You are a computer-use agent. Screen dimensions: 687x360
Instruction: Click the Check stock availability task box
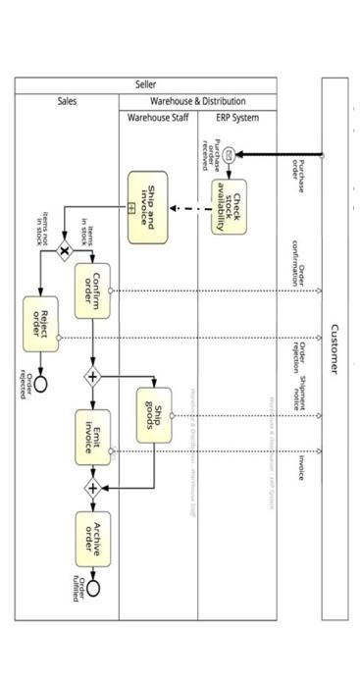[230, 207]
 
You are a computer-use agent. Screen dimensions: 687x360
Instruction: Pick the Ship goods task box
[155, 415]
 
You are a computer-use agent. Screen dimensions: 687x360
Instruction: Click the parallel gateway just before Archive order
[93, 487]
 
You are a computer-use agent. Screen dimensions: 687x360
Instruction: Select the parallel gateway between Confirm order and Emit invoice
[93, 376]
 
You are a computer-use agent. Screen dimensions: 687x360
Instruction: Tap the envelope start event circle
[229, 154]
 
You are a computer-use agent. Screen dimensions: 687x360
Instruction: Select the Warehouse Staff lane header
[158, 118]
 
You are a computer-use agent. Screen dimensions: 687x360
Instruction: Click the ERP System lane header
[237, 118]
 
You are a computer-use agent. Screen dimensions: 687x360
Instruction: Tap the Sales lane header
[67, 101]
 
